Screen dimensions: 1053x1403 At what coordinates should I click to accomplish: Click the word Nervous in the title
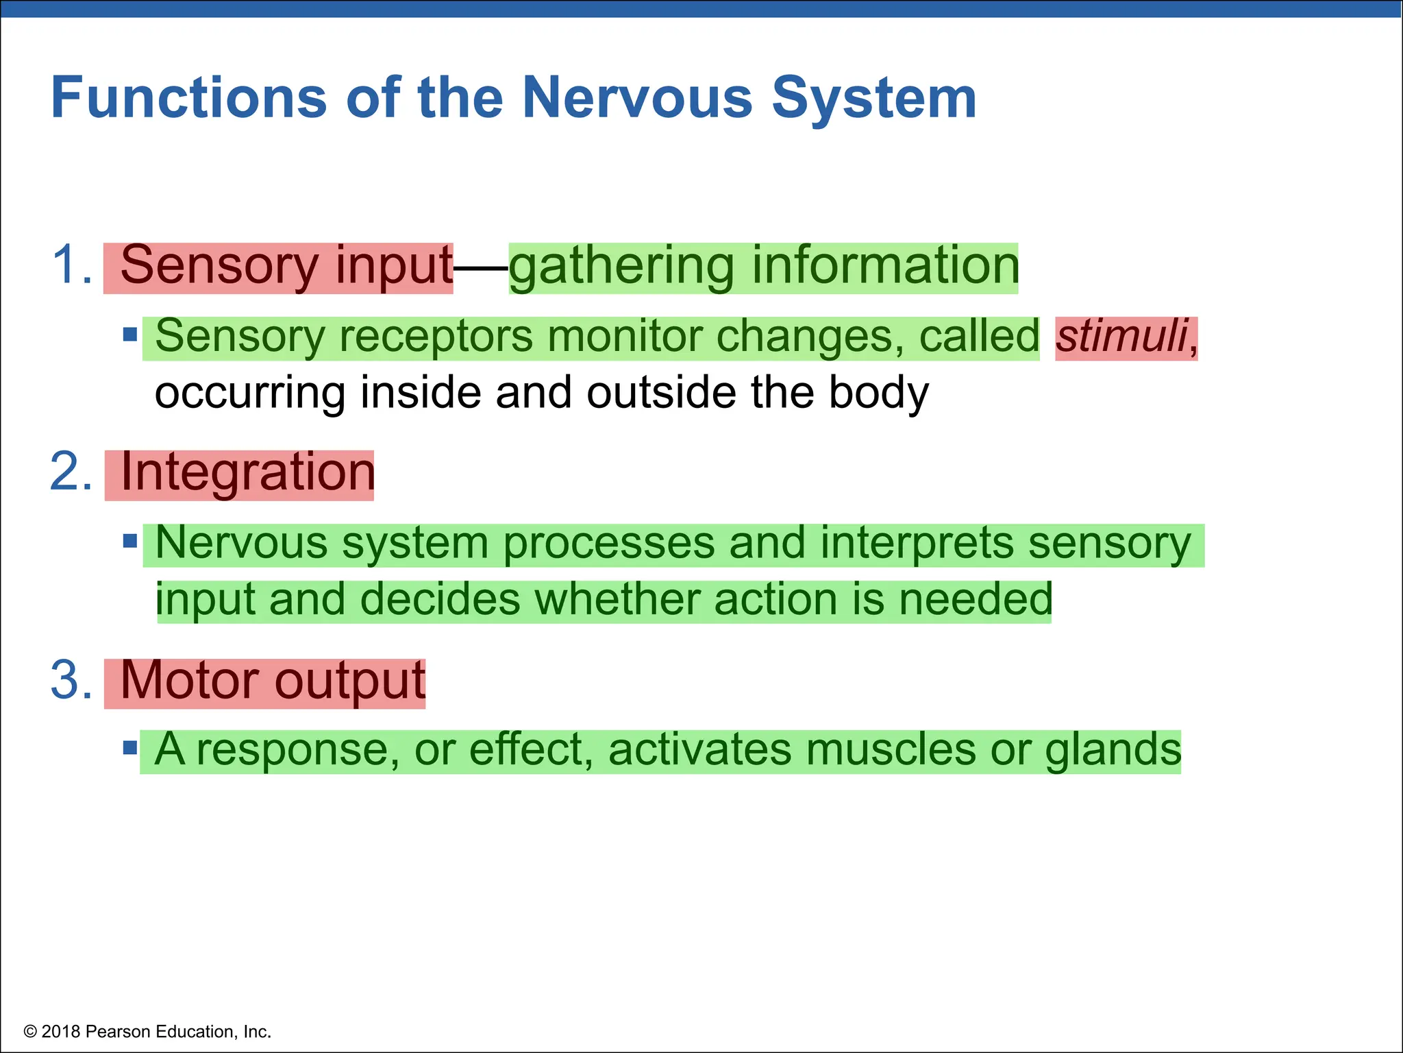click(637, 98)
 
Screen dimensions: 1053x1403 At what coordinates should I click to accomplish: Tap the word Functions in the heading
click(188, 98)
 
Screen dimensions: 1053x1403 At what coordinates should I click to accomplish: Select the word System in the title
click(874, 98)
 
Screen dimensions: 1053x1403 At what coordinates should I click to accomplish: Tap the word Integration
click(247, 472)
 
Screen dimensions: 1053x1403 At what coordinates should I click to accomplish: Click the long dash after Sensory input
click(481, 265)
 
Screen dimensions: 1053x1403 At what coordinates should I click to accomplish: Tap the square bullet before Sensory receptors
click(130, 335)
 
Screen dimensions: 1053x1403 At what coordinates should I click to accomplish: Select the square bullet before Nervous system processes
click(130, 542)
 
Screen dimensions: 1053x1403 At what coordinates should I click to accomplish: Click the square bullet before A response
click(130, 747)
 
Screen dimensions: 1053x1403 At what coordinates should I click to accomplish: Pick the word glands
click(1113, 750)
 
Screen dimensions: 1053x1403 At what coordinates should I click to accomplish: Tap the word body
click(879, 394)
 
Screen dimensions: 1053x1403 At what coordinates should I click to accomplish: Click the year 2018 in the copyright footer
click(61, 1032)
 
